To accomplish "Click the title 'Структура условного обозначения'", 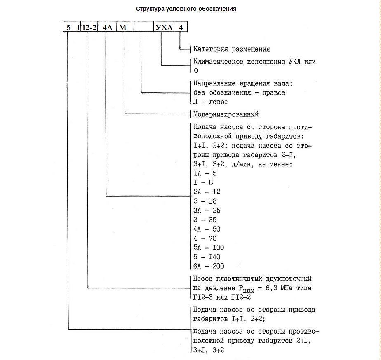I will click(x=186, y=9).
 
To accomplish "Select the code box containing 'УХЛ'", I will click(x=162, y=28).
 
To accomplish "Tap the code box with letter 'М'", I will click(x=122, y=28).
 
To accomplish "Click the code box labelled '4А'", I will click(x=107, y=28).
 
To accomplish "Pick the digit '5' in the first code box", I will click(x=68, y=28).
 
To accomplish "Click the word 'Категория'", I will click(x=209, y=49).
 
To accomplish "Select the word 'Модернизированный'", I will click(x=226, y=114).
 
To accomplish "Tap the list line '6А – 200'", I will click(x=209, y=266).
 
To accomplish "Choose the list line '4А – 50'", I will click(x=207, y=229).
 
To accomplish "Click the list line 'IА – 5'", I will click(x=205, y=173).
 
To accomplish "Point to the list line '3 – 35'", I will click(x=205, y=220).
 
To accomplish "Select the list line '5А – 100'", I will click(x=209, y=248).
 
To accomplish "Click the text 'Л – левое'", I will click(x=210, y=102).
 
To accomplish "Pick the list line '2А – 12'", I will click(x=207, y=192).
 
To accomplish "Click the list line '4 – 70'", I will click(x=205, y=238).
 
